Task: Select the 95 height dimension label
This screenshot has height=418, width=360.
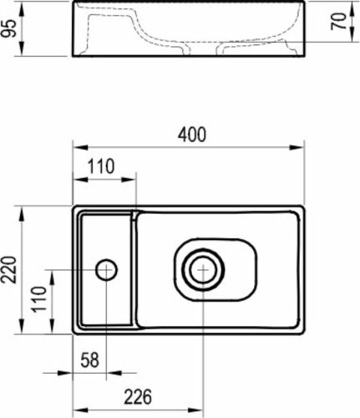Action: (x=9, y=31)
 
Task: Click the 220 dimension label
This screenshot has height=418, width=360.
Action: (x=9, y=268)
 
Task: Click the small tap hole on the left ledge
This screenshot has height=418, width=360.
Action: (x=106, y=269)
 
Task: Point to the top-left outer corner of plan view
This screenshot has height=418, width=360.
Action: (x=73, y=206)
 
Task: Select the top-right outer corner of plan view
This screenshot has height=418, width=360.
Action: (x=306, y=206)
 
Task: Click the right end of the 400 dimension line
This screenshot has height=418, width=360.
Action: (x=306, y=146)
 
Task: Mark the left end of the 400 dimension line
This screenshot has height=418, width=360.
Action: (x=73, y=146)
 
